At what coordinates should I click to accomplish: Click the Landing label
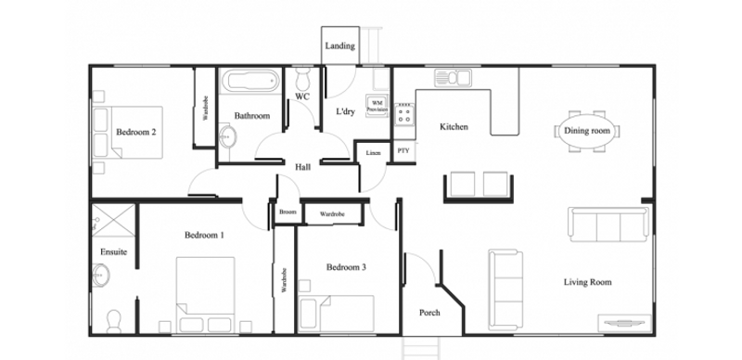coord(339,46)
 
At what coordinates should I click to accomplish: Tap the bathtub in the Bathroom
coord(250,81)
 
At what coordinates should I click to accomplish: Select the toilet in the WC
coord(301,79)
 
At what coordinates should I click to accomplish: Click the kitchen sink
coord(453,77)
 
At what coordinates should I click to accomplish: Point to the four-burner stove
coord(404,114)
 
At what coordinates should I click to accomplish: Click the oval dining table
coord(587,131)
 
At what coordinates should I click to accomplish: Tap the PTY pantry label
coord(403,151)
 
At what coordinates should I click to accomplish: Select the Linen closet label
coord(373,153)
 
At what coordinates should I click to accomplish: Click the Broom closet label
coord(288,212)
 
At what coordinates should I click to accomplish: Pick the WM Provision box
coord(377,106)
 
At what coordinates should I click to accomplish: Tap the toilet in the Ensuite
coord(113,321)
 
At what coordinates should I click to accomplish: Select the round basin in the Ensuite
coord(101,275)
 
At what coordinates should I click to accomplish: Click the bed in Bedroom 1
coord(206,295)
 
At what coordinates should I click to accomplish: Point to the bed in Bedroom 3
coord(337,314)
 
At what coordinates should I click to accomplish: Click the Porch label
coord(429,313)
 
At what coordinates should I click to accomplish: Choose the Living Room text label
coord(588,282)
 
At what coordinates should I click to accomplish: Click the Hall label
coord(303,167)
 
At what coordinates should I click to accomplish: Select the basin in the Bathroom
coord(227,137)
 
